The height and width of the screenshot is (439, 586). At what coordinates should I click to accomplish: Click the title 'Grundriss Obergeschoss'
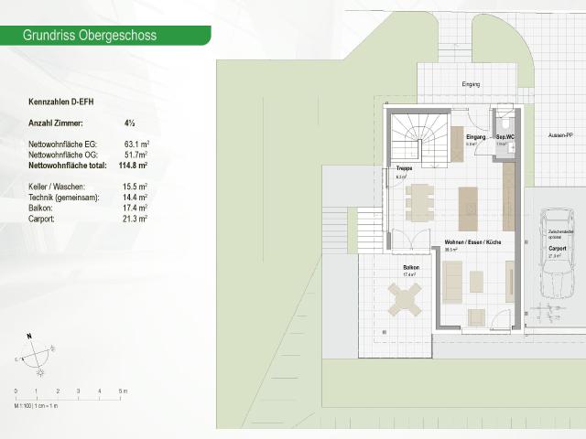[90, 36]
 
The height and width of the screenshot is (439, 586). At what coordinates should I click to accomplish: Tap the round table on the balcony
[406, 298]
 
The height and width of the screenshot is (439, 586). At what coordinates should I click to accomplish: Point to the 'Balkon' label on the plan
[411, 268]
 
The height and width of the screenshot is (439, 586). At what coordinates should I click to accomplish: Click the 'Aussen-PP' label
[560, 134]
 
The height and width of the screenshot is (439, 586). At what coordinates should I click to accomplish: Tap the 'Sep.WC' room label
[505, 136]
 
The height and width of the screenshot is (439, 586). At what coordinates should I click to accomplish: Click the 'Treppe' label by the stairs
[404, 169]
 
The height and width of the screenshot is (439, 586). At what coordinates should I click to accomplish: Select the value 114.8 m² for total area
[134, 166]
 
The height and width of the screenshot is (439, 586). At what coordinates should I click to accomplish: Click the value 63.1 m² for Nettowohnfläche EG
[136, 145]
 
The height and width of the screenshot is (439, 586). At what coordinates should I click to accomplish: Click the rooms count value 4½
[130, 123]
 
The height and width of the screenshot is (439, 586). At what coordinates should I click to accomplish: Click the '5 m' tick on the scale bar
[124, 391]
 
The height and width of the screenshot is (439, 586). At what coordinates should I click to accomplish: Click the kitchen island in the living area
[468, 209]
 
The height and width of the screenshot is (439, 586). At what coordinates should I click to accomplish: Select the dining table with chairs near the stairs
[420, 201]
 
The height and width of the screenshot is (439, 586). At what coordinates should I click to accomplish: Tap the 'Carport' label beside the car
[557, 248]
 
